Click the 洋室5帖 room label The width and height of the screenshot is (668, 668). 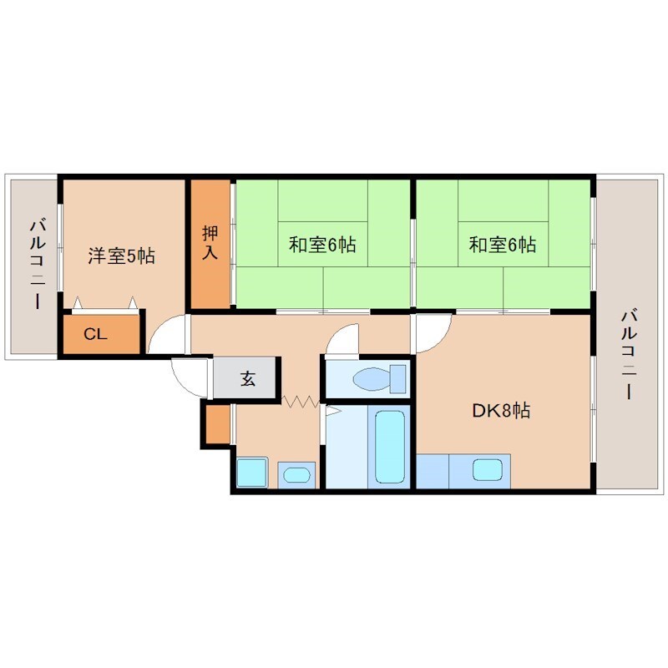coord(122,256)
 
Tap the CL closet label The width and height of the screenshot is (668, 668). coord(96,334)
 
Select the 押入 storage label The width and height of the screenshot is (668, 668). coord(210,242)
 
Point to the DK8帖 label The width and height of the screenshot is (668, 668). coord(500,411)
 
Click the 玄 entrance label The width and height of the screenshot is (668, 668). coord(248,379)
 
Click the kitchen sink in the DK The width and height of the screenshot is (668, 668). coord(487,470)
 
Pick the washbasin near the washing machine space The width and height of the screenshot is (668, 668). coord(296,475)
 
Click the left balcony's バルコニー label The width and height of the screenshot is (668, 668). coord(36,263)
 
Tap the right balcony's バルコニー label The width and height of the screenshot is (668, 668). coord(627,354)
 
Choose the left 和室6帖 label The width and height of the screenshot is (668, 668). coord(322,245)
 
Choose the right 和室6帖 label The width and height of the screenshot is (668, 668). coord(502,245)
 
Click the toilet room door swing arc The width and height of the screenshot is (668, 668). coord(341,338)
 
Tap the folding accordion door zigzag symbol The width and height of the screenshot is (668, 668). coord(301,402)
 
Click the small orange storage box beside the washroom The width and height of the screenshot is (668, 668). coord(215,423)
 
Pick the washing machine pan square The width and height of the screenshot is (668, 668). coord(251,473)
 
